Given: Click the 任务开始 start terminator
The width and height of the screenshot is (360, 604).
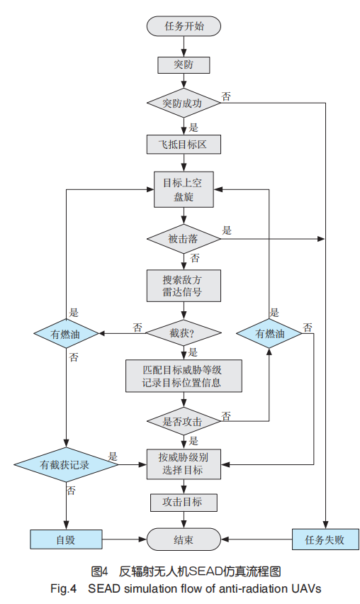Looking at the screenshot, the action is pyautogui.click(x=184, y=26).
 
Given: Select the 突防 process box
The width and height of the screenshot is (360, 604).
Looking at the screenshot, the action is pyautogui.click(x=184, y=65).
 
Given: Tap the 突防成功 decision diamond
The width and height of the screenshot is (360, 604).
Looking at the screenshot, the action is pyautogui.click(x=184, y=103).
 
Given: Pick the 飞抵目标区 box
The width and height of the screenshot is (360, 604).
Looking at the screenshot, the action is pyautogui.click(x=184, y=145).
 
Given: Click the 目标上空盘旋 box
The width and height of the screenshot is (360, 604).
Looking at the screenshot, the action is pyautogui.click(x=184, y=189).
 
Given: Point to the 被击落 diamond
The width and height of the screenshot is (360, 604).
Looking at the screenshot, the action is pyautogui.click(x=184, y=239).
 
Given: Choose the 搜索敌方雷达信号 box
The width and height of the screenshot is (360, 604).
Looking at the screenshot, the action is pyautogui.click(x=184, y=286).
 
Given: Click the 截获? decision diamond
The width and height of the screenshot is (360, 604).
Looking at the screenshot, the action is pyautogui.click(x=184, y=332).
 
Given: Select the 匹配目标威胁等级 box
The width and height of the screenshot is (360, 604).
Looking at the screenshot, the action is pyautogui.click(x=184, y=376).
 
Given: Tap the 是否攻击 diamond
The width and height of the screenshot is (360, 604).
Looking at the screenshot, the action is pyautogui.click(x=184, y=421).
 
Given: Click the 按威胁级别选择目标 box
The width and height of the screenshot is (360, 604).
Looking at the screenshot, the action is pyautogui.click(x=184, y=464).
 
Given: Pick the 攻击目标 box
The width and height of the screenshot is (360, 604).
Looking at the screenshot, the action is pyautogui.click(x=184, y=503).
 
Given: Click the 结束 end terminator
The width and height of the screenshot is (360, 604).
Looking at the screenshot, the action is pyautogui.click(x=184, y=539).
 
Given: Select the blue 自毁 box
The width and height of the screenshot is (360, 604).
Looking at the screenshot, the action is pyautogui.click(x=66, y=539).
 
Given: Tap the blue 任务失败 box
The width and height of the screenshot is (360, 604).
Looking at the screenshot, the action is pyautogui.click(x=326, y=539).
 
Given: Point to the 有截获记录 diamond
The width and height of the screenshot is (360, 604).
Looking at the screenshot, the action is pyautogui.click(x=66, y=464).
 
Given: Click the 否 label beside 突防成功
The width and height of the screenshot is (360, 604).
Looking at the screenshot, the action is pyautogui.click(x=226, y=96).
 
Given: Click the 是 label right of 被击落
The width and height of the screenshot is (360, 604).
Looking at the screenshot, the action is pyautogui.click(x=227, y=230).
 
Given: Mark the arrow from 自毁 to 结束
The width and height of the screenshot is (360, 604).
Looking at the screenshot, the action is pyautogui.click(x=124, y=539).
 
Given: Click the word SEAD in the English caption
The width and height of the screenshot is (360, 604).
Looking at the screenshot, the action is pyautogui.click(x=104, y=588).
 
